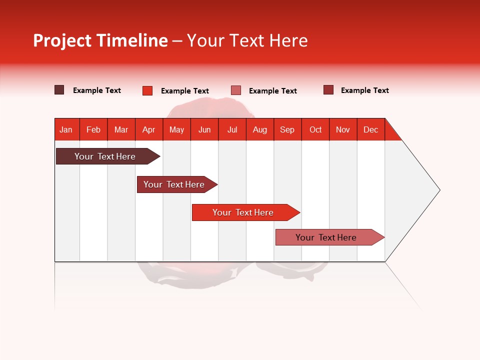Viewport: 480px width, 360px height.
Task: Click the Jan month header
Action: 66,129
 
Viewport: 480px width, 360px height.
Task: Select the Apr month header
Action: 148,129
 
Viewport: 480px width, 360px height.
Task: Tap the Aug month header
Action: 259,129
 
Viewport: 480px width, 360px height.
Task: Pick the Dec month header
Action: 370,129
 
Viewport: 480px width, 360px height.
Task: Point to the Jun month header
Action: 204,129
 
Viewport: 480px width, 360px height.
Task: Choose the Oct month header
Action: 315,129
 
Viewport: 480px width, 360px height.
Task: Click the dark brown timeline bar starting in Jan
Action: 105,156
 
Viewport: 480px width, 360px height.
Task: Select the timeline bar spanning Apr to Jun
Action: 174,184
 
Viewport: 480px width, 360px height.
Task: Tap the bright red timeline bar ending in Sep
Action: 243,212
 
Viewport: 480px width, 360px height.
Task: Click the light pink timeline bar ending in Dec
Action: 326,237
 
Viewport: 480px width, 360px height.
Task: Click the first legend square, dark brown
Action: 59,90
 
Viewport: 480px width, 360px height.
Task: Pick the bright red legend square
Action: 147,90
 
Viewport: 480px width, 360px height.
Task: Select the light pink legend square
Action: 236,90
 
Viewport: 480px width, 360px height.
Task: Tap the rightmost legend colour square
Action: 328,90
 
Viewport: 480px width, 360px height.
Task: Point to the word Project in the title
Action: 62,40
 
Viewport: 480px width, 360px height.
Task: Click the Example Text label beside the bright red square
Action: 184,91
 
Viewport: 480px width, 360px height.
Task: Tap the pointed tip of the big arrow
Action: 437,190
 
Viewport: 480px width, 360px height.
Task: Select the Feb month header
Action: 93,129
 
